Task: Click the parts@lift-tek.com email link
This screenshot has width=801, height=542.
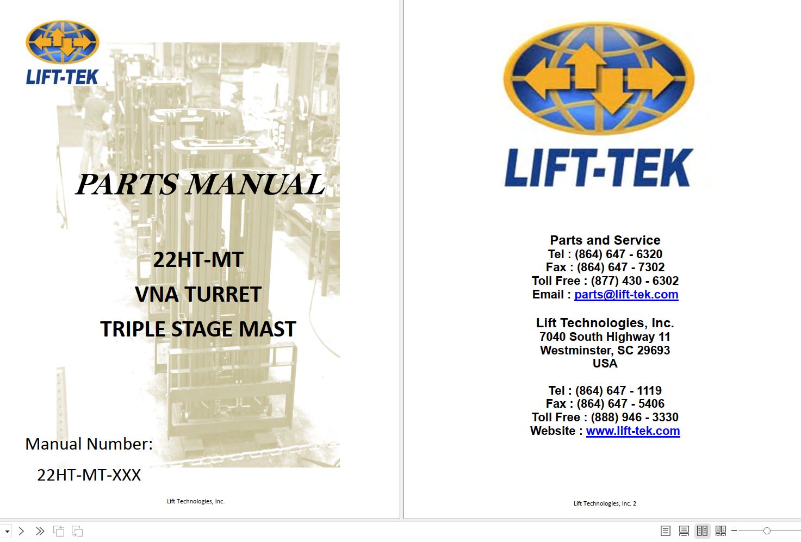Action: pos(626,295)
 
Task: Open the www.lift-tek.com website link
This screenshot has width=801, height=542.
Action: pos(633,431)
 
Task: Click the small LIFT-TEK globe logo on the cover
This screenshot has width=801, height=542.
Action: pos(62,42)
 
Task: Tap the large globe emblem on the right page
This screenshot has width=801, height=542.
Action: pos(599,78)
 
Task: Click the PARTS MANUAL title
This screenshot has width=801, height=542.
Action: pos(200,184)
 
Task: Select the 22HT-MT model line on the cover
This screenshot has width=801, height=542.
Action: pos(198,259)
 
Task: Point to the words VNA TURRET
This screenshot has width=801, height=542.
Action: pos(198,294)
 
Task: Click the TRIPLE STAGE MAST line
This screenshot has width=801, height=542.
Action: pos(198,329)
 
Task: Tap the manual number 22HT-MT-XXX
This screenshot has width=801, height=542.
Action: pos(89,475)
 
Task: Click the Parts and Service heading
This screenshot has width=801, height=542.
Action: pos(605,240)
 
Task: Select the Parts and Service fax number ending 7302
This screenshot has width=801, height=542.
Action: pos(620,267)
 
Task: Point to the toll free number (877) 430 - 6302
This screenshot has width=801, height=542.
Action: pos(635,281)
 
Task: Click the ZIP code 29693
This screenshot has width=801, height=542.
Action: pos(653,350)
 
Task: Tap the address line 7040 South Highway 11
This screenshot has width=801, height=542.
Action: pos(605,337)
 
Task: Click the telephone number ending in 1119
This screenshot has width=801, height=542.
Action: pos(618,390)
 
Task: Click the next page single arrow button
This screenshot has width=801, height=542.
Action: pos(21,531)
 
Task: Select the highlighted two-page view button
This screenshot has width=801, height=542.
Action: pos(702,531)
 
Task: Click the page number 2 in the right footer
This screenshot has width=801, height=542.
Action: pos(635,503)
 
